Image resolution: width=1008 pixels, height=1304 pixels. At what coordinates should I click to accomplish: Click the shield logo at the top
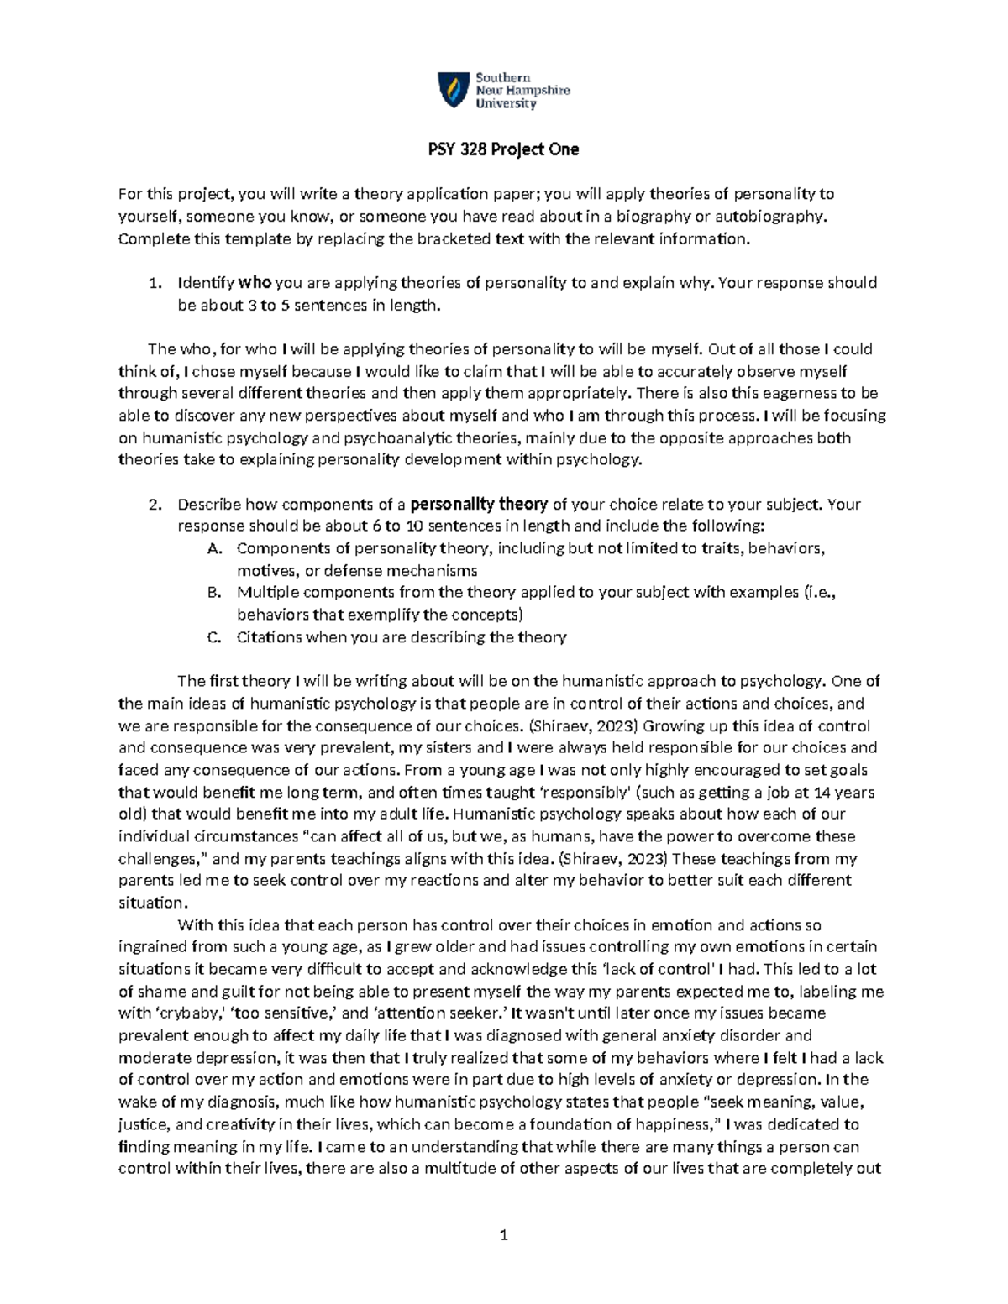point(454,90)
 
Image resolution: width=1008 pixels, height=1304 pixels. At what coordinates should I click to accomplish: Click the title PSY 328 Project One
point(504,149)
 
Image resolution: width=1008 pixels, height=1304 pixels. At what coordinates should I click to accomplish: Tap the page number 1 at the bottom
point(504,1235)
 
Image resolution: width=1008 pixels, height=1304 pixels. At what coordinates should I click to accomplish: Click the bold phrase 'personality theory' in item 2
point(479,505)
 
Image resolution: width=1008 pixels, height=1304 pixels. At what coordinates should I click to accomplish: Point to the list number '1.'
point(154,283)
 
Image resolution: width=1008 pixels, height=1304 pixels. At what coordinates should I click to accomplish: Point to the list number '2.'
point(154,505)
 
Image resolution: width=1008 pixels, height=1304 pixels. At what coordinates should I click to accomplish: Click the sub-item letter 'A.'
point(214,549)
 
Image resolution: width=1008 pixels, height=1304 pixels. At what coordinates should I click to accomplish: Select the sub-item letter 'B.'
point(214,593)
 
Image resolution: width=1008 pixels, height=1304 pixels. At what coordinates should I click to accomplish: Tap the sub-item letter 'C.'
point(214,637)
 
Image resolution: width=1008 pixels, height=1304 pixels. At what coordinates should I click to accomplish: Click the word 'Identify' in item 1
point(206,283)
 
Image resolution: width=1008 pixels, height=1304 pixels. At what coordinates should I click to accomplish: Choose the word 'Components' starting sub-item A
point(280,549)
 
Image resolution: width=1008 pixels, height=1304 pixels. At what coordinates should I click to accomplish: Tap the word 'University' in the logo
point(506,104)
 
